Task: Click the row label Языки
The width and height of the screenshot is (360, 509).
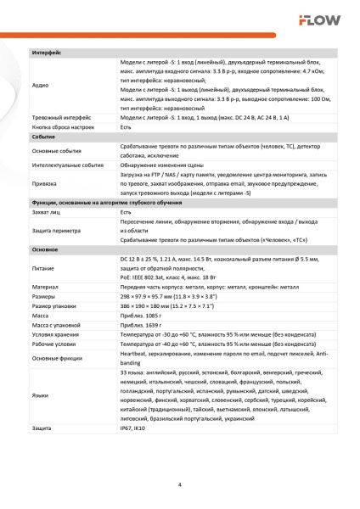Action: [x=41, y=394]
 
